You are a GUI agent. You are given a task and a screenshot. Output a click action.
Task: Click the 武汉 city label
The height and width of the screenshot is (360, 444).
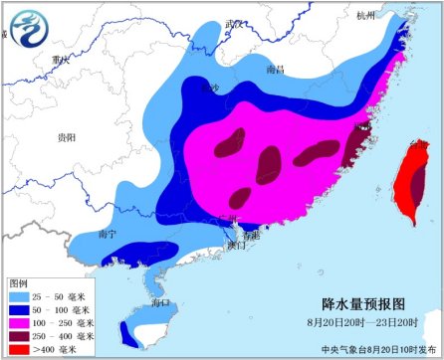[234, 23]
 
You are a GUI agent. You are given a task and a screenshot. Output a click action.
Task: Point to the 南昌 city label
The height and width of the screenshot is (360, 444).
[276, 70]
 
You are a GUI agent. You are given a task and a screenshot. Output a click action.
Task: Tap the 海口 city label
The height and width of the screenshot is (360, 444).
[159, 300]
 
